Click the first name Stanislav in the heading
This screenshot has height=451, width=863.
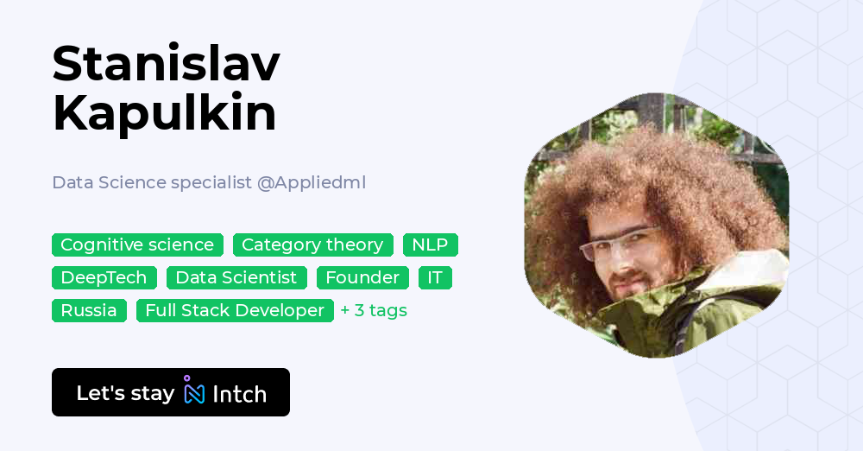166,65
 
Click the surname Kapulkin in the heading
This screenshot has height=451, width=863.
164,114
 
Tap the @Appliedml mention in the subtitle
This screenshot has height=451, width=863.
312,182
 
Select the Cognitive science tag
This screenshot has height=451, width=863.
137,245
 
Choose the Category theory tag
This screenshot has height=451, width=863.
312,245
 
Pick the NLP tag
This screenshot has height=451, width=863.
430,245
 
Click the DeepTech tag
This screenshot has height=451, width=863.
104,277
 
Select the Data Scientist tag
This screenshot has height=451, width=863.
236,277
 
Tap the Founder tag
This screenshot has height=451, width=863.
362,277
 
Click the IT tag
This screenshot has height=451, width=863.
435,277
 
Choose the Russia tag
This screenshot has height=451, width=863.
89,310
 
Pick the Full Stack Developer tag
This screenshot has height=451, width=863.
235,310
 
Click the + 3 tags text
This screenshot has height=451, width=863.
374,310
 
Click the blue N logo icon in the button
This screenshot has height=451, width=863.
194,392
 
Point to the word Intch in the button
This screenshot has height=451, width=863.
239,394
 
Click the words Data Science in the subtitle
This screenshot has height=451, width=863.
109,182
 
